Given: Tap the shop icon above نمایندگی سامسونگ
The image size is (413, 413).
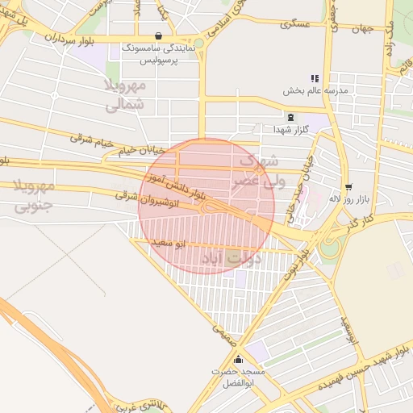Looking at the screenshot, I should (x=156, y=36).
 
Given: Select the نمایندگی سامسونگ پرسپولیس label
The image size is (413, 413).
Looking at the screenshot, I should (x=158, y=54).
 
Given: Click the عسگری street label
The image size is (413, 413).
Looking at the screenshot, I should (x=295, y=25).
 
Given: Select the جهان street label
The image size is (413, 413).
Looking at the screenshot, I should (x=363, y=29).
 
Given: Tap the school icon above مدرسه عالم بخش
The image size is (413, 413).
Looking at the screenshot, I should (x=315, y=79).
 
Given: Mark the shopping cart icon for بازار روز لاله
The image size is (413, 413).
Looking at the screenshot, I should (x=348, y=186).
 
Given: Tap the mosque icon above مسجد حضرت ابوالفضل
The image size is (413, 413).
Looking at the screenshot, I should (x=238, y=360).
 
